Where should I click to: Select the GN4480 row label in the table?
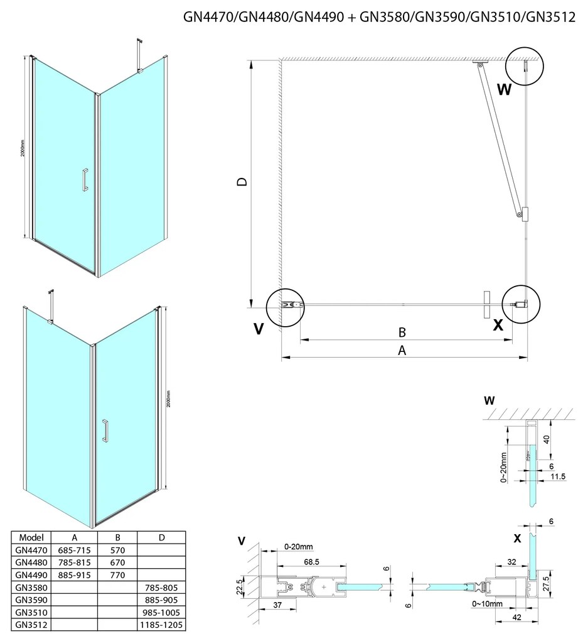[x=30, y=561]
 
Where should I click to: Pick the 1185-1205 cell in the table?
[x=161, y=625]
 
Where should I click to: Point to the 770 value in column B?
[x=117, y=574]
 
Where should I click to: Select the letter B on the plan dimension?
[x=404, y=332]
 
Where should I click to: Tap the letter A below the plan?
[x=403, y=351]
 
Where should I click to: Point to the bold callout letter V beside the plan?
[x=259, y=329]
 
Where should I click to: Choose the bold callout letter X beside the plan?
[x=498, y=325]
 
